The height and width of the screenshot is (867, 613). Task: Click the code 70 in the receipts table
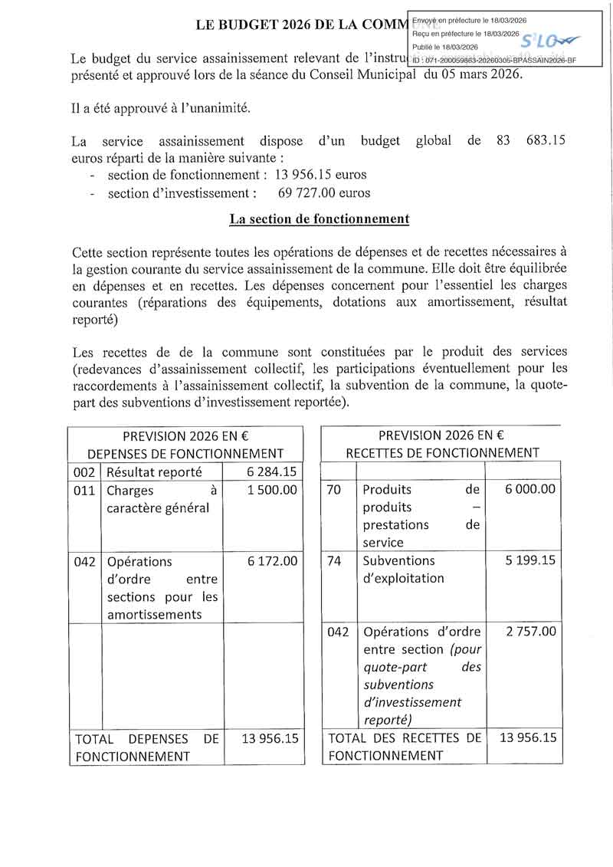334,489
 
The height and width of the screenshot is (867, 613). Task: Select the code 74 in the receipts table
334,560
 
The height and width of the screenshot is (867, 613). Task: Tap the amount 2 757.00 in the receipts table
531,632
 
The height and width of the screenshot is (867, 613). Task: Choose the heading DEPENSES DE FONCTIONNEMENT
185,454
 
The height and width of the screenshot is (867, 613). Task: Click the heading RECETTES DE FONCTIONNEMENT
442,453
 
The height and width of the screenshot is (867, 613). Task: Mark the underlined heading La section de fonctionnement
320,219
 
